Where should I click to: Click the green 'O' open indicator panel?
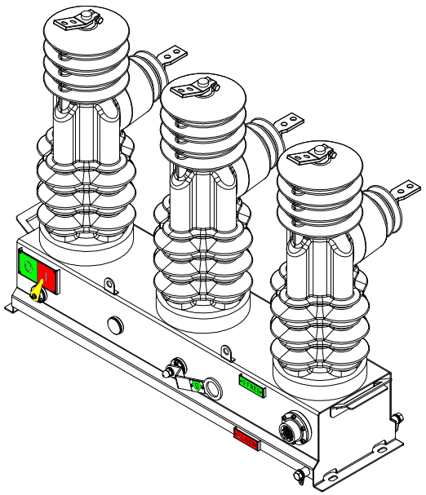coord(28,266)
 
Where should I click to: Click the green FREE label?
coord(251,387)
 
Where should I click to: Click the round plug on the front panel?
coord(115,325)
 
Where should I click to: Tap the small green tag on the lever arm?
coord(196,384)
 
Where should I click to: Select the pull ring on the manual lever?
coord(212,387)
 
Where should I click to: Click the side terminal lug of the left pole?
coord(172,55)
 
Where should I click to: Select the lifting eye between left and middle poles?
coord(110,285)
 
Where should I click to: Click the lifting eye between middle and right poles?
coord(228,351)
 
